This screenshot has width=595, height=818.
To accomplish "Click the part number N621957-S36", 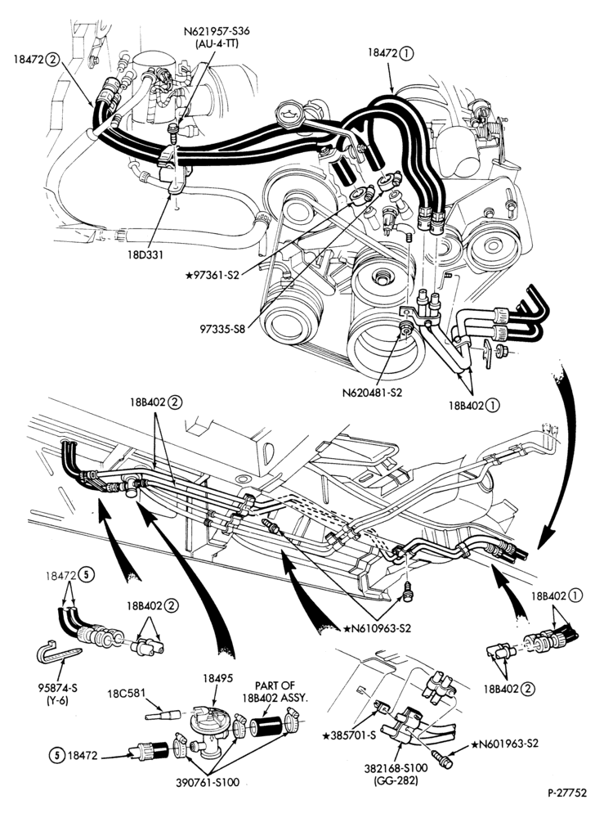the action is pyautogui.click(x=217, y=31).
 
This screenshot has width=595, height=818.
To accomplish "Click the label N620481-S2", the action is pyautogui.click(x=372, y=393).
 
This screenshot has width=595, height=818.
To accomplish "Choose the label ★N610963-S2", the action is pyautogui.click(x=378, y=628).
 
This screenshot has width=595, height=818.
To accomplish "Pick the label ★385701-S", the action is pyautogui.click(x=348, y=736).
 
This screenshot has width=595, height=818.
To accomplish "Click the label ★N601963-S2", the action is pyautogui.click(x=505, y=744).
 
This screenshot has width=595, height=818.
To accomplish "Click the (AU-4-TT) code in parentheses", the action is pyautogui.click(x=217, y=43).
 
